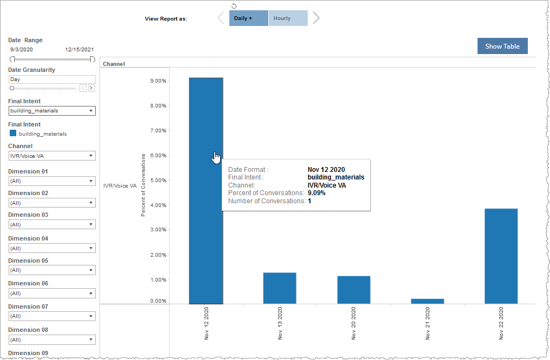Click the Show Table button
[x=502, y=46]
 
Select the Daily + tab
[x=248, y=18]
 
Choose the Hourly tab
[x=288, y=18]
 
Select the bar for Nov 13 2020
[x=280, y=288]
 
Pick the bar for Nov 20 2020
[x=354, y=290]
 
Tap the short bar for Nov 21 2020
[x=427, y=301]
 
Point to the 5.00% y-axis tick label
[x=157, y=180]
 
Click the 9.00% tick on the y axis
[x=157, y=81]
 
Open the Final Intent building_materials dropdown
[x=52, y=111]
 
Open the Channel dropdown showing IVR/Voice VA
[x=52, y=156]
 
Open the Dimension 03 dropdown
[x=52, y=224]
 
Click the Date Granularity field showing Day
[x=52, y=79]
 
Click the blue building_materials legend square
[x=13, y=134]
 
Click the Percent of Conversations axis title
[x=143, y=185]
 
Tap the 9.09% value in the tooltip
[x=316, y=193]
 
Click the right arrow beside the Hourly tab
[x=316, y=18]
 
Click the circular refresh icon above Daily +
[x=234, y=6]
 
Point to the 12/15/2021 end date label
[x=78, y=49]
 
